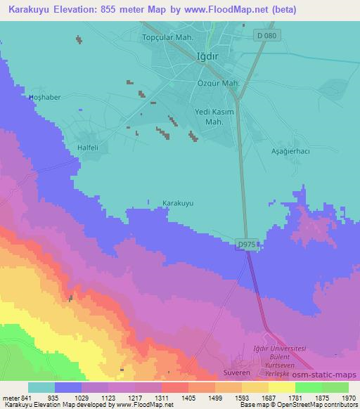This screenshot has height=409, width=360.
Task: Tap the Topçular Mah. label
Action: click(x=167, y=37)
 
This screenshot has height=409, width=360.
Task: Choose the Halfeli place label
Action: click(x=89, y=148)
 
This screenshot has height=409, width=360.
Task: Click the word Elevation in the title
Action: click(x=80, y=10)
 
